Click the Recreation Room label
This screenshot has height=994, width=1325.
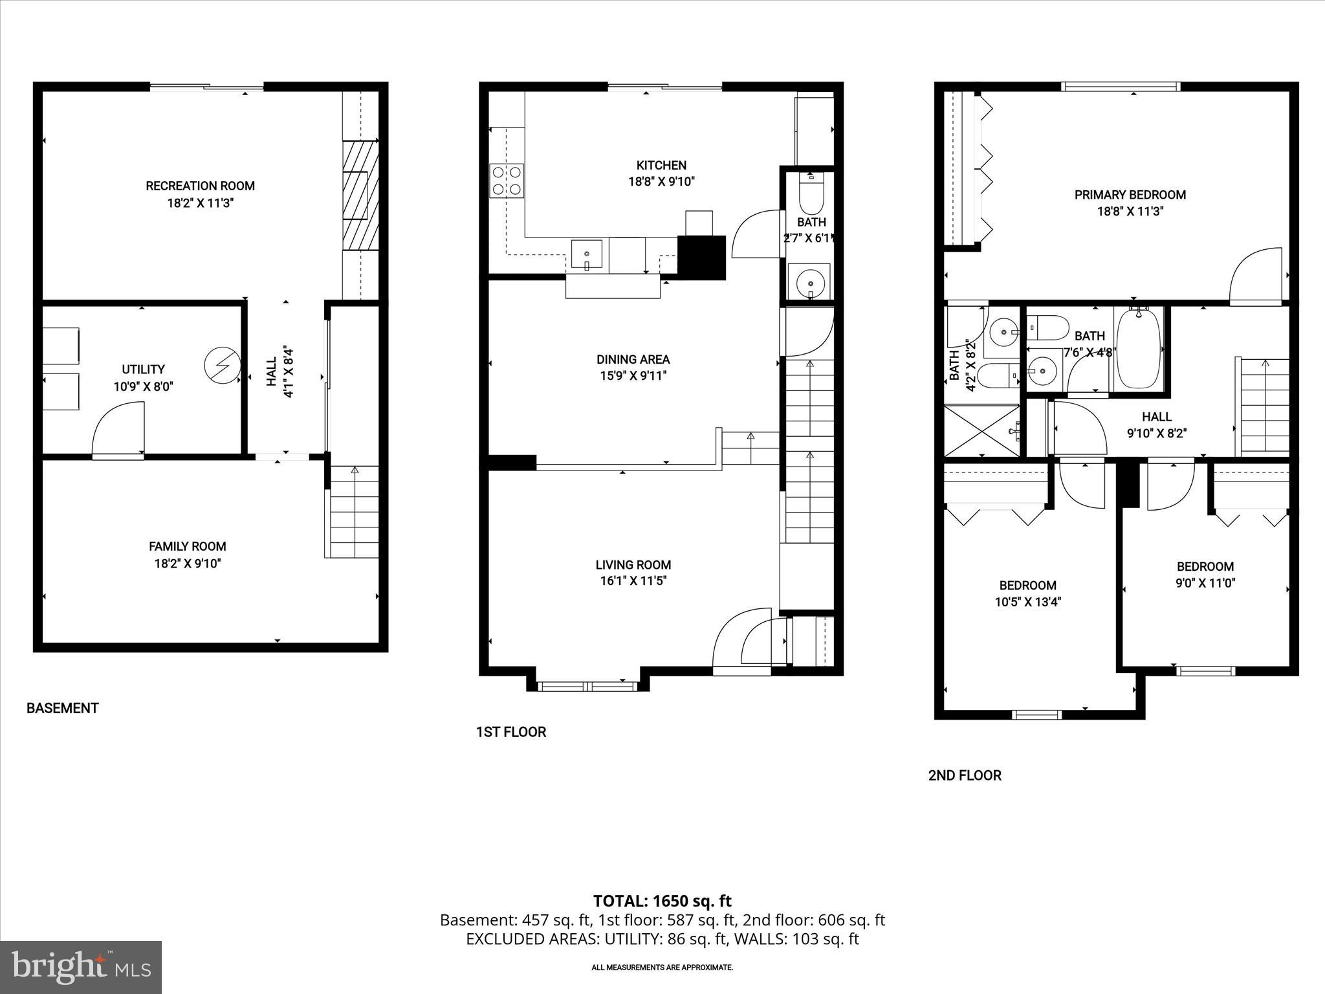click(200, 186)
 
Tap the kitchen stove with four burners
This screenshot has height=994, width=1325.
click(507, 181)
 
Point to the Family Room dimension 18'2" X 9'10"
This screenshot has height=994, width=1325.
click(187, 564)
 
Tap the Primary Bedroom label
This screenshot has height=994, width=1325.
click(1130, 195)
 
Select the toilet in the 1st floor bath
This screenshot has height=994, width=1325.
click(811, 193)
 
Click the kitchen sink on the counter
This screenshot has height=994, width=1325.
click(586, 255)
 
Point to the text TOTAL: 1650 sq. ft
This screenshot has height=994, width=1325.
click(662, 901)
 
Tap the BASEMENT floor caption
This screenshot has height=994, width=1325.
click(62, 709)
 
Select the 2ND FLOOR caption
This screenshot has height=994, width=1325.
click(964, 775)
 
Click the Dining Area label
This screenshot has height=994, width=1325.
click(633, 359)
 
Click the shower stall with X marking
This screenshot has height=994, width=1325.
click(981, 430)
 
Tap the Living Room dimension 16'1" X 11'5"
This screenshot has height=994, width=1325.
click(633, 581)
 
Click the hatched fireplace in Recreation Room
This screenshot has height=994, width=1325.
click(360, 195)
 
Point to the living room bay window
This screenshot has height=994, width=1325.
click(587, 686)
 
